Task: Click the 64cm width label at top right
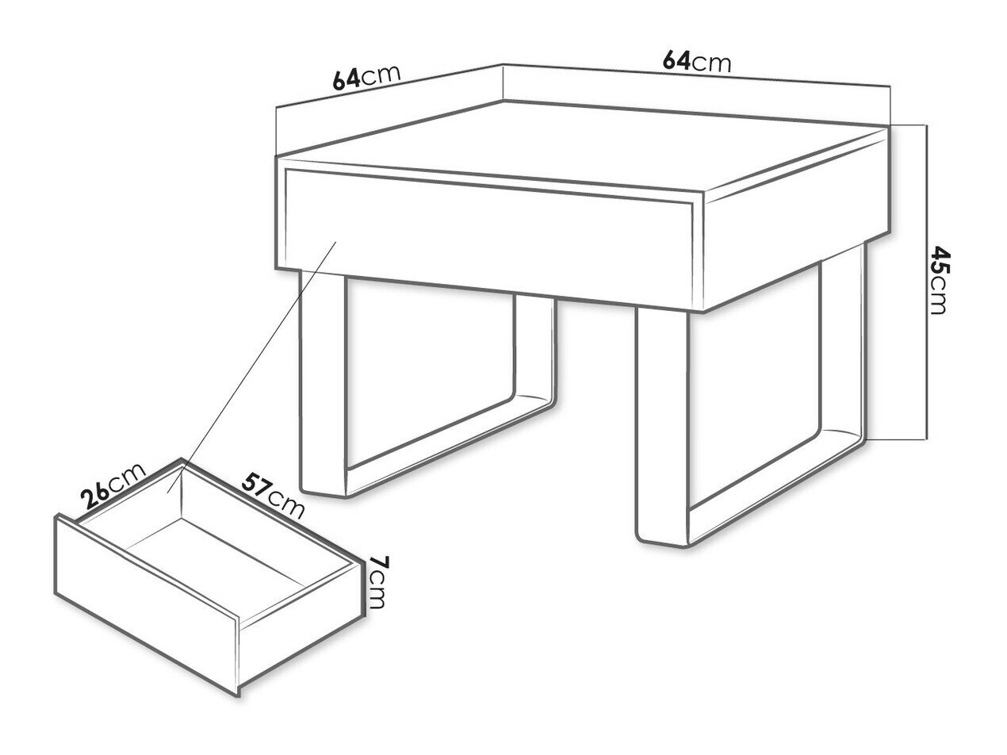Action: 696,62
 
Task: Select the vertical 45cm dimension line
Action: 927,282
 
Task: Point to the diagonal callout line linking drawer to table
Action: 252,366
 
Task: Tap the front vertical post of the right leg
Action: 662,426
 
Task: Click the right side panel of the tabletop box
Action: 796,220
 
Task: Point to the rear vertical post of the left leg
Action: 535,350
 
